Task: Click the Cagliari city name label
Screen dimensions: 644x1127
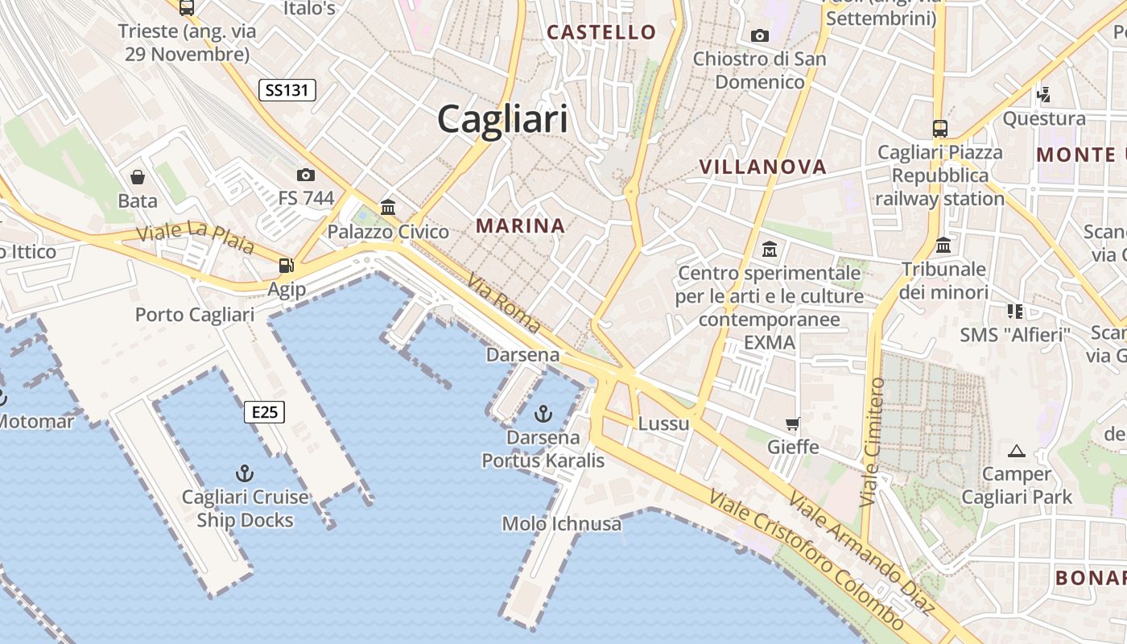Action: tap(502, 120)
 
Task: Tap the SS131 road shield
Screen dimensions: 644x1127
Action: tap(287, 90)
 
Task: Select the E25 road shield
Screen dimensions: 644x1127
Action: tap(264, 413)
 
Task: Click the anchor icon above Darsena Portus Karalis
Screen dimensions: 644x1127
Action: tap(543, 414)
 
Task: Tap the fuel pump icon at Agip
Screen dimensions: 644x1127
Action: tap(286, 265)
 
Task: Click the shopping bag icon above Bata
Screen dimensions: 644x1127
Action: tap(138, 177)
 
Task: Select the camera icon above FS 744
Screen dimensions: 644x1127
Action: tap(305, 175)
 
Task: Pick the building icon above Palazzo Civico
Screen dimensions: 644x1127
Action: tap(388, 208)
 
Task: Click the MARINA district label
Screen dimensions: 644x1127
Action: tap(520, 226)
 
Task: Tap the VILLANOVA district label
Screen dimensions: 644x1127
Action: tap(762, 167)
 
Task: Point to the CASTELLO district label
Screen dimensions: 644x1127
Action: tap(601, 32)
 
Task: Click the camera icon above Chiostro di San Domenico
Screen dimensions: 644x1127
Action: tap(759, 35)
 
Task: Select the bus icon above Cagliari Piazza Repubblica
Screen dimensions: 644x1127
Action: tap(939, 128)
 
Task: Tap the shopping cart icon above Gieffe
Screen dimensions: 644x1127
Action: tap(793, 423)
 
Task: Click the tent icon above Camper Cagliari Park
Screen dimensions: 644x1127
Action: tap(1016, 451)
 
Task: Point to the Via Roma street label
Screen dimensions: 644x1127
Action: tap(504, 304)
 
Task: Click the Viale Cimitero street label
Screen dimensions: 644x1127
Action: tap(872, 443)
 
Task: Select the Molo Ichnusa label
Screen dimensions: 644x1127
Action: tap(562, 524)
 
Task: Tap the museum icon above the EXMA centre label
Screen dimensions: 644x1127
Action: tap(769, 250)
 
